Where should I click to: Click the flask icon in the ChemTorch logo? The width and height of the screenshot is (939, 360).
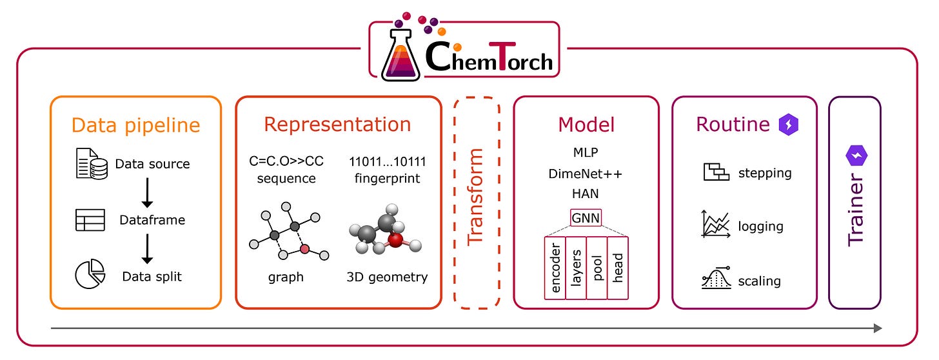pos(400,58)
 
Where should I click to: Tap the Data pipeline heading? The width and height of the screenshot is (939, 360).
pos(135,125)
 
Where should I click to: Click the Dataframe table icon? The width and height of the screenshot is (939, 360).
pos(90,220)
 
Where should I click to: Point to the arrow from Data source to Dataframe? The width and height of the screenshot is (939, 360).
pos(147,192)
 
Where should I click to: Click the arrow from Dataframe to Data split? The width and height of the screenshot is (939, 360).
pos(147,248)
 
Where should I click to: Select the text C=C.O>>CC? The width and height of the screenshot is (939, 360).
pos(286,161)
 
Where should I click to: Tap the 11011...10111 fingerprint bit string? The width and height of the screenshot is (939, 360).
pos(387,161)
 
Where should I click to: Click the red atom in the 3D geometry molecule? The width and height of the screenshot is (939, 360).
pos(395,240)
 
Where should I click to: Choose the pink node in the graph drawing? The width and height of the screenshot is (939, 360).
pos(305,249)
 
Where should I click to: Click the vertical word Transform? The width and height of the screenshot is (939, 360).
pos(475,197)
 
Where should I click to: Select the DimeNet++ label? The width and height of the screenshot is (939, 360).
pos(586,174)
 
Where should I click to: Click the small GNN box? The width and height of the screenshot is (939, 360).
pos(586,218)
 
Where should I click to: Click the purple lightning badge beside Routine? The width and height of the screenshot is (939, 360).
pos(789,125)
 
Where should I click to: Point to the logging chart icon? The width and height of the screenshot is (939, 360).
pos(715,226)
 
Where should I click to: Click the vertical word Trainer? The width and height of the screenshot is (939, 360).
pos(855,213)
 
